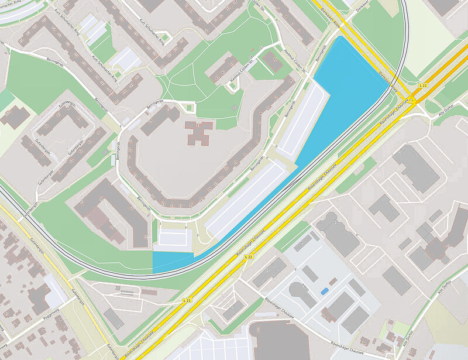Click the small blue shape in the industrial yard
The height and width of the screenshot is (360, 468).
tap(325, 291)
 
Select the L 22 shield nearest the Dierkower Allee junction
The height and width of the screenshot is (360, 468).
tap(423, 86)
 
